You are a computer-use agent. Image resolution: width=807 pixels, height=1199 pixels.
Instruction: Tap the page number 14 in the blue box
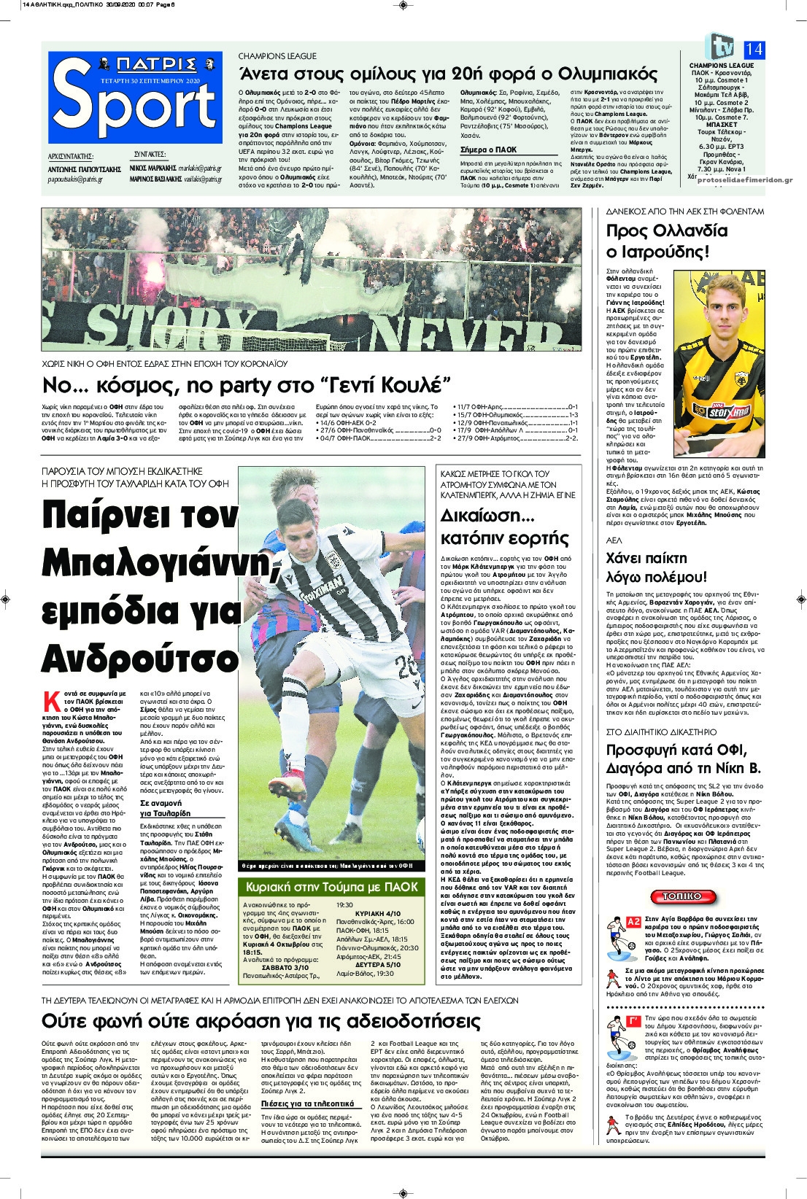tap(753, 49)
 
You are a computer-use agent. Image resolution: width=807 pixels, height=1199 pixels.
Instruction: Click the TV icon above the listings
tap(720, 47)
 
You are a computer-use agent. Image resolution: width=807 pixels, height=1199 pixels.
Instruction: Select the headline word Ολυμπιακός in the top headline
tap(607, 74)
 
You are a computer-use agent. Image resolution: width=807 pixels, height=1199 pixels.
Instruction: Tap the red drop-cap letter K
tap(52, 702)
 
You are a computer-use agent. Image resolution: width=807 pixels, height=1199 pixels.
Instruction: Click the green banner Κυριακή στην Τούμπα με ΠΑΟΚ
tap(332, 887)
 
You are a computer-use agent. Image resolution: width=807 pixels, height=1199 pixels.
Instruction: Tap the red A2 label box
tap(633, 922)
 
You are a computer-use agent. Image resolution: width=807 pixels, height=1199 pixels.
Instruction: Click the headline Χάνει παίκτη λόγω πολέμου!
tap(657, 567)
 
